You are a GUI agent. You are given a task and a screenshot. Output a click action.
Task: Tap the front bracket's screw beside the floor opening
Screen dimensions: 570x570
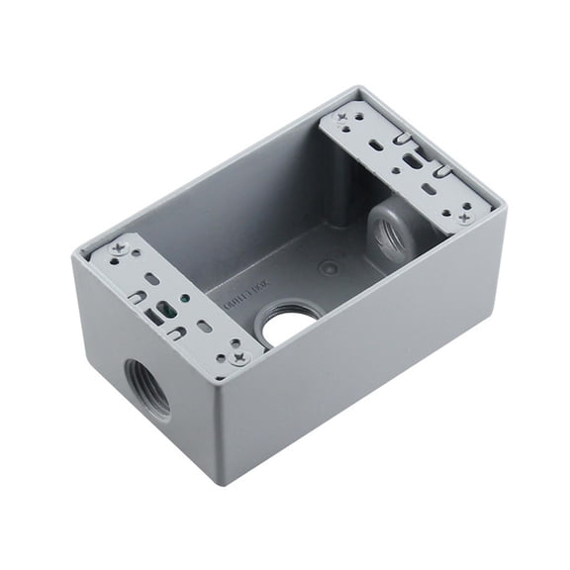pyautogui.click(x=239, y=358)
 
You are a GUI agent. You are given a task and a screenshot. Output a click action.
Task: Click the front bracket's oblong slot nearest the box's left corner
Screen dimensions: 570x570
pyautogui.click(x=150, y=282)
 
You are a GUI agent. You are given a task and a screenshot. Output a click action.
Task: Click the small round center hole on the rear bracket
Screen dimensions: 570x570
pyautogui.click(x=395, y=169)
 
